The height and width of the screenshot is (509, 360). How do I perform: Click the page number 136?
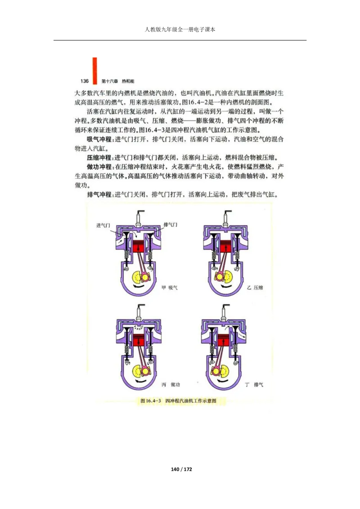(84, 81)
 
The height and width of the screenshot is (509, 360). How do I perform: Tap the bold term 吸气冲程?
(99, 139)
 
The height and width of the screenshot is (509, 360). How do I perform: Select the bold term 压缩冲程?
(99, 158)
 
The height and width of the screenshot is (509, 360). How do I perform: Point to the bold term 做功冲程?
(99, 167)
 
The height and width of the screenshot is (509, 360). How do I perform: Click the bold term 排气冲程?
(99, 195)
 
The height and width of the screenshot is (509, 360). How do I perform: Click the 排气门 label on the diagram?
(171, 224)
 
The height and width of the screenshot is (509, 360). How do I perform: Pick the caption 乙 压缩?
(255, 287)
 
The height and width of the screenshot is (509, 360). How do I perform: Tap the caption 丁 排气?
(255, 385)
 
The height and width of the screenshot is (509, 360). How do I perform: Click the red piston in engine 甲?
(140, 248)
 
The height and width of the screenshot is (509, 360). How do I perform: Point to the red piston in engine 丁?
(224, 341)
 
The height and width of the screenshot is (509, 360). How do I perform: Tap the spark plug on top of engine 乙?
(224, 219)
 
